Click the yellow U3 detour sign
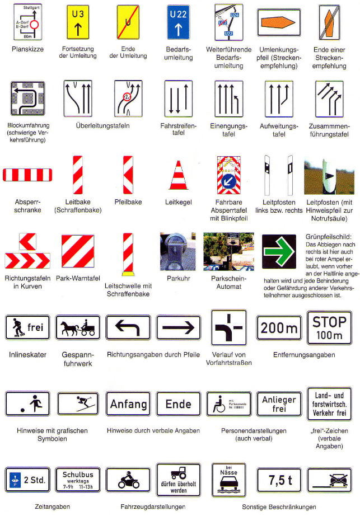tap(78, 22)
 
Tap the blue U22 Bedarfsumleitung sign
tap(179, 22)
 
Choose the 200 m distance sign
tap(279, 327)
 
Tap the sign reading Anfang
tap(128, 404)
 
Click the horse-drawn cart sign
tap(78, 327)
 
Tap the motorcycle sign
tap(128, 480)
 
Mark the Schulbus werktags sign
tap(78, 480)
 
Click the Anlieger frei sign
tap(279, 403)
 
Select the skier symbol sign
tap(78, 404)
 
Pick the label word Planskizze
tap(27, 49)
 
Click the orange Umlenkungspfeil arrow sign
tap(279, 22)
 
